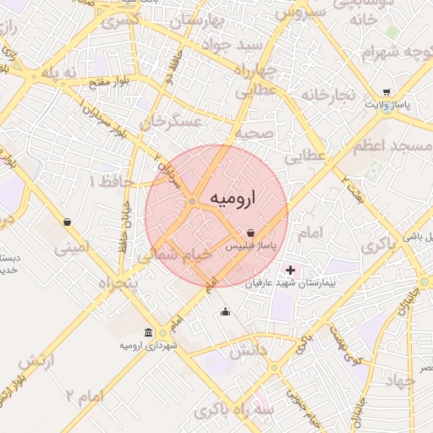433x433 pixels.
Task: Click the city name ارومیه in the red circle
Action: click(x=231, y=197)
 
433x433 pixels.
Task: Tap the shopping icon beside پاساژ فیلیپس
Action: click(x=251, y=233)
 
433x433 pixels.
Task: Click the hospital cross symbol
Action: click(x=291, y=271)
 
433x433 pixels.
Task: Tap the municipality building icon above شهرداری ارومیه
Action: click(x=149, y=332)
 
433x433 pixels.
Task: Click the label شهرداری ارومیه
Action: click(x=149, y=345)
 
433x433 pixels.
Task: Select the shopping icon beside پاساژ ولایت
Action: click(x=386, y=92)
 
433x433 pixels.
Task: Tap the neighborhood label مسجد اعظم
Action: click(x=397, y=146)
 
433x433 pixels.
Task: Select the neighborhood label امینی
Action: click(x=71, y=249)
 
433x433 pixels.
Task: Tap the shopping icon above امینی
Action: click(x=67, y=222)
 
